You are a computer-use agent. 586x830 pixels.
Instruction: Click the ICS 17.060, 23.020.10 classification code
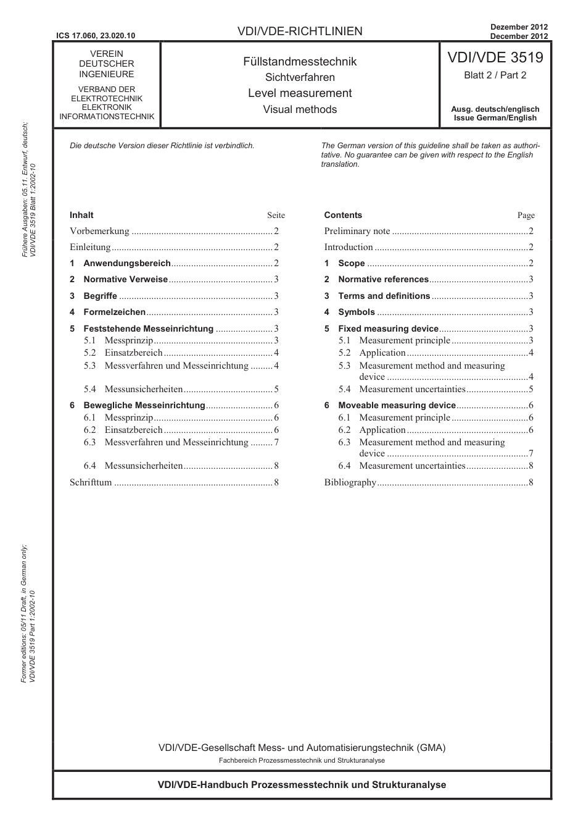click(x=95, y=35)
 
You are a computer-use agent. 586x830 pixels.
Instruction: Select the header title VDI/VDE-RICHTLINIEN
click(x=300, y=31)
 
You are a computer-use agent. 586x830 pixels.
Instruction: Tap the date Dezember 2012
click(x=519, y=27)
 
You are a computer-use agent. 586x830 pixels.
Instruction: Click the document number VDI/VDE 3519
click(x=495, y=57)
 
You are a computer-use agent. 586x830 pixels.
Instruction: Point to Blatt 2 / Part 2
click(x=495, y=75)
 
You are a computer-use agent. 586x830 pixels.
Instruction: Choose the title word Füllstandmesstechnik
click(x=300, y=62)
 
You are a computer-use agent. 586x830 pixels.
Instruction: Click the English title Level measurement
click(x=300, y=93)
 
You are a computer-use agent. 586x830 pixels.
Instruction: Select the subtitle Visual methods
click(x=300, y=109)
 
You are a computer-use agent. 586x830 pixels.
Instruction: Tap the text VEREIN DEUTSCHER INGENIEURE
click(x=106, y=64)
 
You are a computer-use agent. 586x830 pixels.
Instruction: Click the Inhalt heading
click(x=81, y=215)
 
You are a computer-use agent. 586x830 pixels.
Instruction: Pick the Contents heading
click(x=343, y=215)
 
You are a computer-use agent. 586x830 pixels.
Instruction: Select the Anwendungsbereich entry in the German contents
click(x=126, y=263)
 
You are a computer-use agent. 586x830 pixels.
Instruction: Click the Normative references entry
click(x=383, y=279)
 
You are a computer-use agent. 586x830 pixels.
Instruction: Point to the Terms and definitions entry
click(x=384, y=296)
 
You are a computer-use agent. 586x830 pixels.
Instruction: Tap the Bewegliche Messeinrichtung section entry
click(x=144, y=405)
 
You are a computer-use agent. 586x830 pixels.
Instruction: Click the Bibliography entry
click(x=350, y=482)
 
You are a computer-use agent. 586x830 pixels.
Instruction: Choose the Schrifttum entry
click(x=91, y=482)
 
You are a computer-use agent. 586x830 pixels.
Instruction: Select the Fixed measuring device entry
click(x=388, y=329)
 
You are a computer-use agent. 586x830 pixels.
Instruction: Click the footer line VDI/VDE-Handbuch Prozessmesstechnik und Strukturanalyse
click(x=302, y=785)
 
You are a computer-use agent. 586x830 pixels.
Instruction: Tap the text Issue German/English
click(x=495, y=118)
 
